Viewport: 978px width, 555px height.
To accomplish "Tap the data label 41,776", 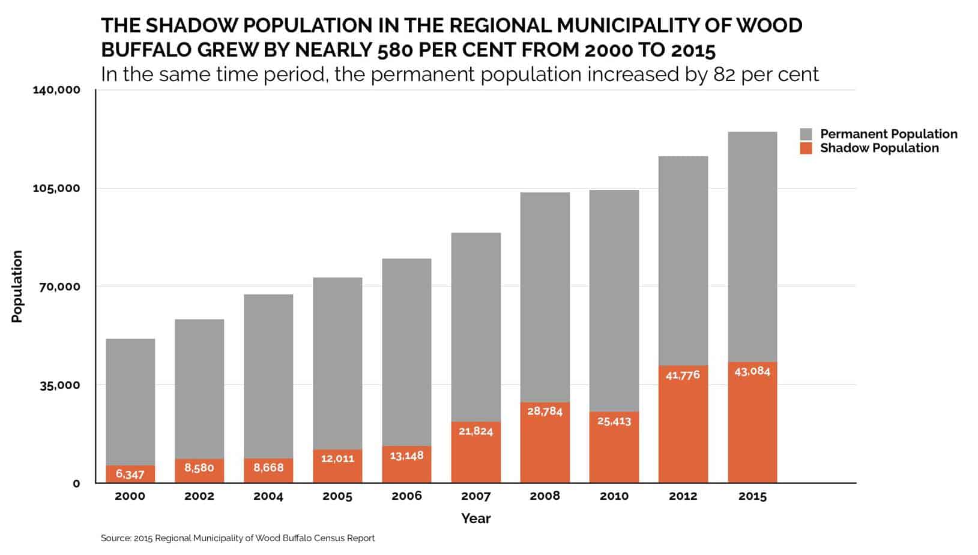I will [683, 375].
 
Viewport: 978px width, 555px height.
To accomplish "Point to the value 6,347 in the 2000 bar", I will [130, 474].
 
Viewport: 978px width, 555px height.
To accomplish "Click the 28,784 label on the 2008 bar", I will [545, 411].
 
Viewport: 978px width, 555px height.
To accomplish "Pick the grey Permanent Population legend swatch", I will [806, 134].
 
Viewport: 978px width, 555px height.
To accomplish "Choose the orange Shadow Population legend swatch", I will [806, 148].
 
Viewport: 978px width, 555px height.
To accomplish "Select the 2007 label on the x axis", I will [475, 496].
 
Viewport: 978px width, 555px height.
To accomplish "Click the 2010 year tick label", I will [614, 496].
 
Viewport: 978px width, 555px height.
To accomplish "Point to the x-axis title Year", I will [475, 518].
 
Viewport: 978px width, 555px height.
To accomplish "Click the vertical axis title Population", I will [17, 287].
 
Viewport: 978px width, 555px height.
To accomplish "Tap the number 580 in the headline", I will [395, 50].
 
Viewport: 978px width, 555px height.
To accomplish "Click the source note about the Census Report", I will [237, 538].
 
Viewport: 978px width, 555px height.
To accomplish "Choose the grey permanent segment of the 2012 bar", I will [683, 261].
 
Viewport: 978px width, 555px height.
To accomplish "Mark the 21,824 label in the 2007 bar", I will [475, 431].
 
